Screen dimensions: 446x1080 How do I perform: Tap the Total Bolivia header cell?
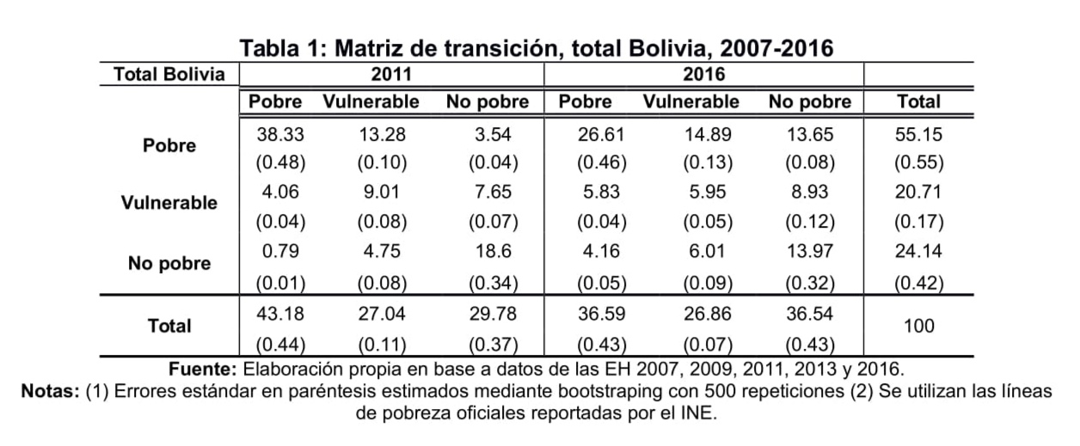(x=169, y=75)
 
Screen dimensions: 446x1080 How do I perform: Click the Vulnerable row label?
(x=169, y=205)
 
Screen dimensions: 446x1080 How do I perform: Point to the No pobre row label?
(x=169, y=263)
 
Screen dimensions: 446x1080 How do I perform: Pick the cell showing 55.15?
(x=918, y=134)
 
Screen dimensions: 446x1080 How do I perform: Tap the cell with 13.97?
(x=809, y=252)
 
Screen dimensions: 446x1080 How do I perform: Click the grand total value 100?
(x=918, y=327)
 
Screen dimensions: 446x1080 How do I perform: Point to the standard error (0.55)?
(x=918, y=163)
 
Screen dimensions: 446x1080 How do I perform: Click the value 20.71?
(x=918, y=193)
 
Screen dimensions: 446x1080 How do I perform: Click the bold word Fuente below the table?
(x=203, y=370)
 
